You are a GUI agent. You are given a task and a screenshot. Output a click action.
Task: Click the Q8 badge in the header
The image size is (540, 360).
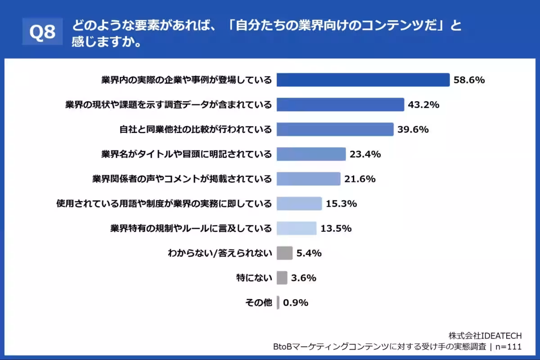(42, 32)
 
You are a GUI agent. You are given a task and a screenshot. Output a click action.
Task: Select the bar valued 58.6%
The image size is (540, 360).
(363, 80)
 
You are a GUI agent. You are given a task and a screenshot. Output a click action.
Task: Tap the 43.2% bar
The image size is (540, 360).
(340, 105)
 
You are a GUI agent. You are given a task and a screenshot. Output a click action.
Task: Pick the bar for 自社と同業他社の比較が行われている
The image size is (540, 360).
(335, 130)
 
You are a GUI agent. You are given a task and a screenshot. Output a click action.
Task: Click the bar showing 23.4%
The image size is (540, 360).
(311, 154)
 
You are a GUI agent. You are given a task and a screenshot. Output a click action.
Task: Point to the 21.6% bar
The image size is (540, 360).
(308, 179)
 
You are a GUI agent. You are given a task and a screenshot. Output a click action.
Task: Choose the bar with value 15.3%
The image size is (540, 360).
(299, 204)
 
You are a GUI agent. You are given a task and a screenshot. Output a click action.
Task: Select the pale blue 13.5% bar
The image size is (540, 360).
(297, 229)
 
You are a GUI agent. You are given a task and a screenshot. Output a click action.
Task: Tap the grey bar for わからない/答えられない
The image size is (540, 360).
(284, 253)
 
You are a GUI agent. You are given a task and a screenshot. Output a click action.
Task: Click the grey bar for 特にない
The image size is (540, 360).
(282, 278)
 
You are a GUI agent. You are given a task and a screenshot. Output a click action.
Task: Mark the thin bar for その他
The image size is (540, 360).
(278, 302)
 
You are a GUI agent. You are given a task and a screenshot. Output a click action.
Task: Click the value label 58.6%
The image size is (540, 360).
(469, 80)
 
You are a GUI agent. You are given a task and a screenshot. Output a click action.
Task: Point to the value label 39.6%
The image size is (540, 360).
(413, 130)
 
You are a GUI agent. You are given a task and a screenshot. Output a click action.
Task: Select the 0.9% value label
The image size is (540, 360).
(296, 302)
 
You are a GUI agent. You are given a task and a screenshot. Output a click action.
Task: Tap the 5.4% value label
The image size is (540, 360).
(309, 253)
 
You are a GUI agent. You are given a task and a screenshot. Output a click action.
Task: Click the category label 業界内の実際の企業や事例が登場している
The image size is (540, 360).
(186, 80)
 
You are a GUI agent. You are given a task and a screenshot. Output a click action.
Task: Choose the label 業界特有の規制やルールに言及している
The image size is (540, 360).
(191, 229)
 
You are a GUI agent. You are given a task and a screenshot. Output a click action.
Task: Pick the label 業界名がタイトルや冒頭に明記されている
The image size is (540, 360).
(186, 154)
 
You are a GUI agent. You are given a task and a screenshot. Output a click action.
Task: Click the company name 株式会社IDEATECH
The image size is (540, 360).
(485, 336)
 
